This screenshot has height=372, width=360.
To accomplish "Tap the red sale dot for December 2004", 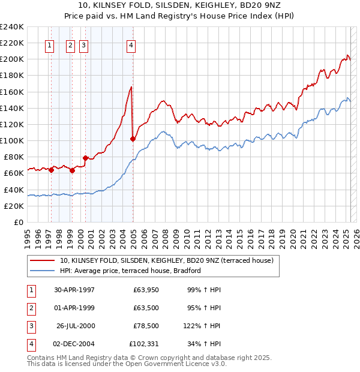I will coord(133,139).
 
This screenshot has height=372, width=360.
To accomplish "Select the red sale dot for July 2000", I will coord(85,158).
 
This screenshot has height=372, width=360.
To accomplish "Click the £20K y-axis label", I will coord(14,206).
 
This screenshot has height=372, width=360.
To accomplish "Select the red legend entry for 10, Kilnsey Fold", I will coord(166,260).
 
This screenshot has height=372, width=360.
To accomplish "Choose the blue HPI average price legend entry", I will coord(130,271).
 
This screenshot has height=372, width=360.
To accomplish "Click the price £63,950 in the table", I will coord(143,290).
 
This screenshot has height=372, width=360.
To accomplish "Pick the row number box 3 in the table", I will coord(31,326).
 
